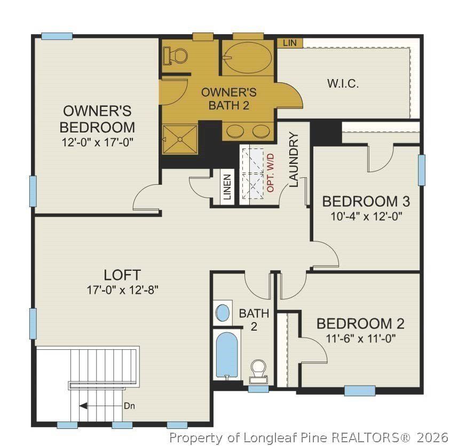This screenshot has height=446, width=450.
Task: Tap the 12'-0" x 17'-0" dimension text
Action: pos(97,143)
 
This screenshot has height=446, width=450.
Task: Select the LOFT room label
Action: pos(122,275)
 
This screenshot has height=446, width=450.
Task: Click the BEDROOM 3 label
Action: pos(366,201)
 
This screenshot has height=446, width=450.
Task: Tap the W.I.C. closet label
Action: pos(342,84)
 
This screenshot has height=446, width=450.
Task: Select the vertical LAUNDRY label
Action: pos(294,160)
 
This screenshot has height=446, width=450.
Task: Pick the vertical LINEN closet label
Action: pos(227,187)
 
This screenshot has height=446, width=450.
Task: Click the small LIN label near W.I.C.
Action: pos(289,42)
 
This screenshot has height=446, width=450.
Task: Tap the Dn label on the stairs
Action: pos(129,405)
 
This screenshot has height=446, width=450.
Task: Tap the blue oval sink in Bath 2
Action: pos(223,312)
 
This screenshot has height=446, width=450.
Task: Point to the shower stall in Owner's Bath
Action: pos(180,137)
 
